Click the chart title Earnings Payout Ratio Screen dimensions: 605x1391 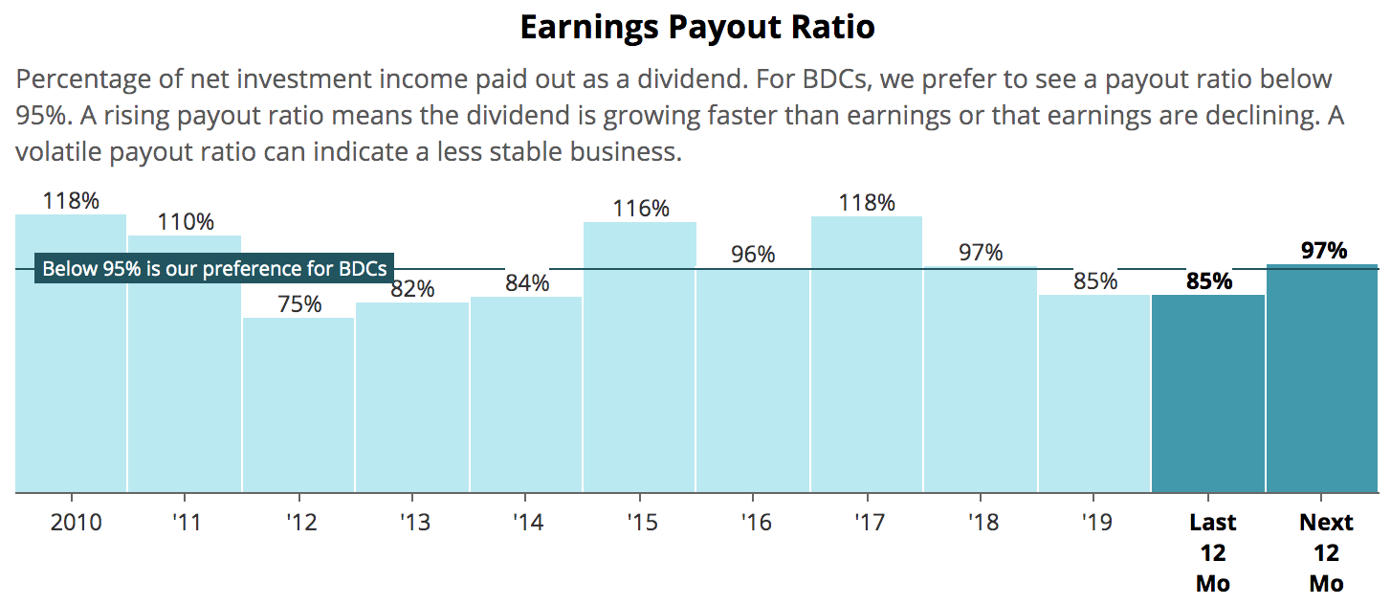[x=696, y=27]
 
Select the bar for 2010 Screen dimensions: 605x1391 [x=71, y=383]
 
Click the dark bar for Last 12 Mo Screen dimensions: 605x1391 [x=1208, y=393]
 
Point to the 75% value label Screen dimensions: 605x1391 [x=299, y=304]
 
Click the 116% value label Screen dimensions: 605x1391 [x=641, y=209]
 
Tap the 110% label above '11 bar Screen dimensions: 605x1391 [x=186, y=222]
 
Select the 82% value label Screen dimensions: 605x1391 [x=412, y=288]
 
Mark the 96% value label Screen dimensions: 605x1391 [x=753, y=255]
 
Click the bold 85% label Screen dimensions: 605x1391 [x=1209, y=281]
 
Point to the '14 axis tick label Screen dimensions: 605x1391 [x=527, y=523]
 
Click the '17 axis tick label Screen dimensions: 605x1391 [x=868, y=523]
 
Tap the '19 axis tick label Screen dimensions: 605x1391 [x=1095, y=523]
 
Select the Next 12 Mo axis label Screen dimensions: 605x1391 [x=1326, y=552]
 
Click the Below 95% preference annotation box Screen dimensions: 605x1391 [x=214, y=268]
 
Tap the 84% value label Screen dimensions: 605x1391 [x=527, y=283]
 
